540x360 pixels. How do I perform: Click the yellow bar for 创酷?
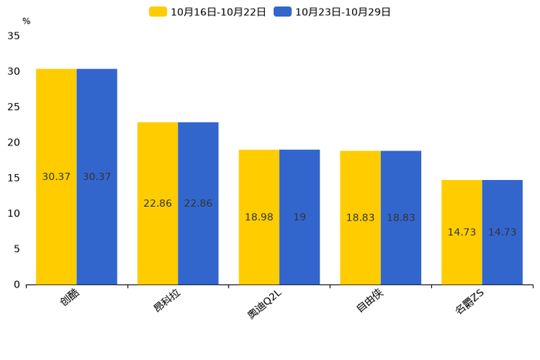57,176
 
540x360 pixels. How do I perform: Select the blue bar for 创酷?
97,176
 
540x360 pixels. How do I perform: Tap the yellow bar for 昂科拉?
157,204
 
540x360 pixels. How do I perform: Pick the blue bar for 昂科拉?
198,204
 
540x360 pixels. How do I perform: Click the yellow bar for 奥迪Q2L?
259,217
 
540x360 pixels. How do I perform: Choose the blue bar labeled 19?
300,217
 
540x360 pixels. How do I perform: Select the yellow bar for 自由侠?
360,218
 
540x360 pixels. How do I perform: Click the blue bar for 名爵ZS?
502,232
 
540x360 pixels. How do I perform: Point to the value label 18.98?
259,217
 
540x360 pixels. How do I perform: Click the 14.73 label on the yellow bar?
462,232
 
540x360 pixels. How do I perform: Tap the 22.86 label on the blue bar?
198,203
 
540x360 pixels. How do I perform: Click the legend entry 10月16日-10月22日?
208,12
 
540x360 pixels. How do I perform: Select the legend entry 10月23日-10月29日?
332,12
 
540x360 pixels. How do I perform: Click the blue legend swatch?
282,12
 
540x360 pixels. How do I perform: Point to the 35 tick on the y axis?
14,36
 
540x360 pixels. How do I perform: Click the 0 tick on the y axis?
17,285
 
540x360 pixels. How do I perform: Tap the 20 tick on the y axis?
14,142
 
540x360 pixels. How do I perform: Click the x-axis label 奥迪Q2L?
264,305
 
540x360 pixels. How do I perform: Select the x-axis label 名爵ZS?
470,302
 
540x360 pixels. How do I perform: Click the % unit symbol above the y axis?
27,21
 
